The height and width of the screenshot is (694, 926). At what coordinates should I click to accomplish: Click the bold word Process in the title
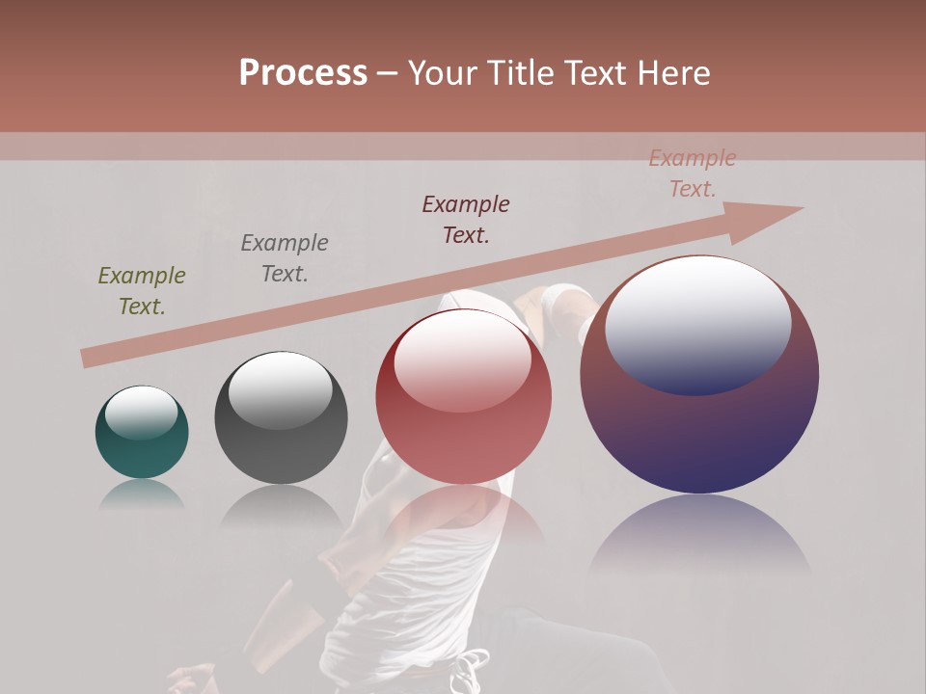coord(303,73)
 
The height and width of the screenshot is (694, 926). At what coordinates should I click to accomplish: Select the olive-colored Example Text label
coord(142,291)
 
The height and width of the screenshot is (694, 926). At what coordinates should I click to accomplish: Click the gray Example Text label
coord(285,258)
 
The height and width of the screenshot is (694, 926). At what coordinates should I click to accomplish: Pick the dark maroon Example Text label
coord(466,220)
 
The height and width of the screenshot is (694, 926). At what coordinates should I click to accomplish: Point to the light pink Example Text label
coord(693,173)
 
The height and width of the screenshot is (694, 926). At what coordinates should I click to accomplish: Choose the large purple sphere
coord(699,434)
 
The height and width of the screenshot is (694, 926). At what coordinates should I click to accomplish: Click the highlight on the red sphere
coord(462,359)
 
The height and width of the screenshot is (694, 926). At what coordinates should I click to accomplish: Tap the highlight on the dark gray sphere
coord(281,387)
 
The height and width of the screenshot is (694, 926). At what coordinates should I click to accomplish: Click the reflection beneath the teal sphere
coord(142,494)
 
